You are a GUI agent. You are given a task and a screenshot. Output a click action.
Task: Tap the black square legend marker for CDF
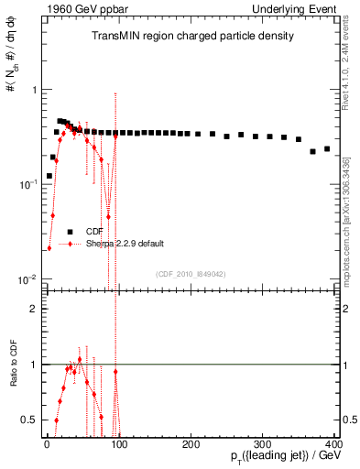click(x=70, y=232)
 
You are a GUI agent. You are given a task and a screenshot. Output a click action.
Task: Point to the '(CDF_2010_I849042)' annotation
click(x=191, y=273)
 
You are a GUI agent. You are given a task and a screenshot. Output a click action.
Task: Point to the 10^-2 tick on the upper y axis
click(x=28, y=279)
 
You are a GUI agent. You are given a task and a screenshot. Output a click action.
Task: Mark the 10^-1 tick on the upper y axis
click(x=28, y=185)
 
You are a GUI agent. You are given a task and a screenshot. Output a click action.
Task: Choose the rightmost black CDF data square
click(x=327, y=148)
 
